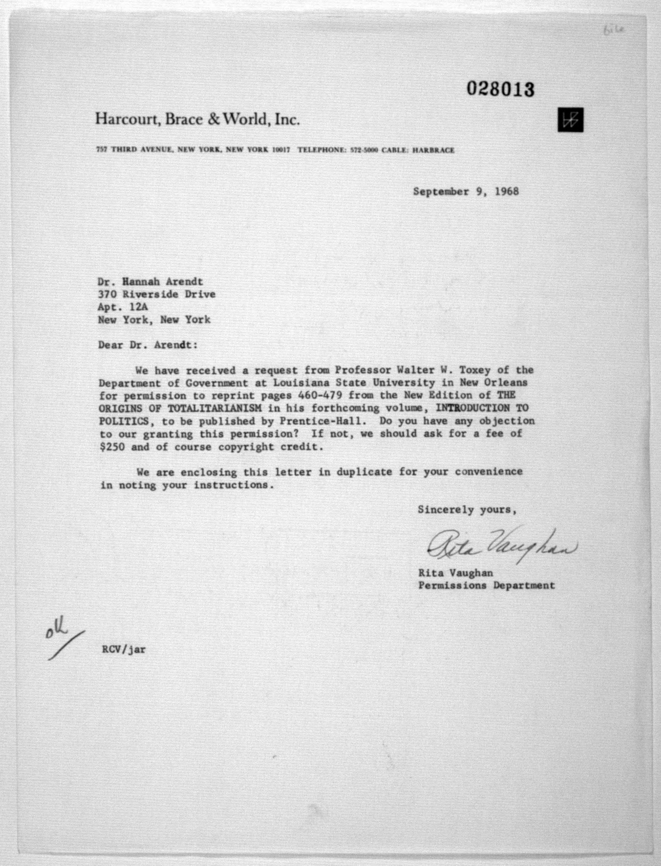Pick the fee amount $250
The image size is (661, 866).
click(112, 448)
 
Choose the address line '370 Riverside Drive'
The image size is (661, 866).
click(157, 294)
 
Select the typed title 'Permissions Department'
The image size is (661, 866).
click(486, 586)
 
